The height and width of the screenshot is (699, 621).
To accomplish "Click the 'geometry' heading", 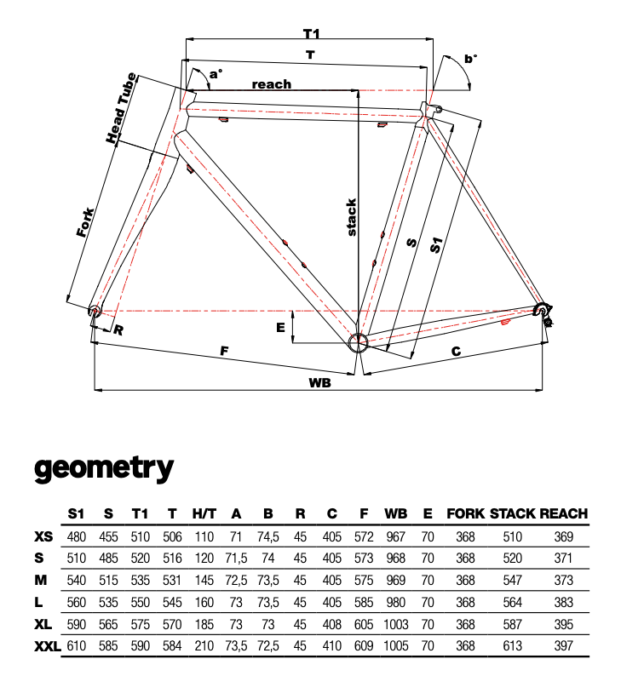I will pyautogui.click(x=104, y=467).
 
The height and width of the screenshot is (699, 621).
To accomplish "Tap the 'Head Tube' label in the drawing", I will pyautogui.click(x=121, y=108).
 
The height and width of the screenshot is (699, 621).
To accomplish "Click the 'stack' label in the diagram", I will pyautogui.click(x=352, y=217).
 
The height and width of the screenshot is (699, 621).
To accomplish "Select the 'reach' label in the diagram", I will pyautogui.click(x=271, y=84).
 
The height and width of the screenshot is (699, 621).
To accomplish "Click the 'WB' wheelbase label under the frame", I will pyautogui.click(x=319, y=382).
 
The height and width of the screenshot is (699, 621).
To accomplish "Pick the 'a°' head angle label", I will pyautogui.click(x=216, y=74).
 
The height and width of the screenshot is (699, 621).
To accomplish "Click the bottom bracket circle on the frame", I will pyautogui.click(x=358, y=342).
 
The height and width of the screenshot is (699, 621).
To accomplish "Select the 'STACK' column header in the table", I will pyautogui.click(x=512, y=513).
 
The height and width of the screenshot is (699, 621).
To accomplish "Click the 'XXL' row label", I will pyautogui.click(x=48, y=647).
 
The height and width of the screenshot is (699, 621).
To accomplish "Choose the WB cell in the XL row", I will pyautogui.click(x=396, y=625).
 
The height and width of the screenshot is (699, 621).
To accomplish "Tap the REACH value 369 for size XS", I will pyautogui.click(x=563, y=536).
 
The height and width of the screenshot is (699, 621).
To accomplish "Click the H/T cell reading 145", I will pyautogui.click(x=204, y=581).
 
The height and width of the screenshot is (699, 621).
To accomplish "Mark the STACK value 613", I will pyautogui.click(x=512, y=647).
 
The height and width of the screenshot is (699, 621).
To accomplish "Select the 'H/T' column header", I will pyautogui.click(x=204, y=513).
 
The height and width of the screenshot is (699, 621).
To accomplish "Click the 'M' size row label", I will pyautogui.click(x=41, y=581).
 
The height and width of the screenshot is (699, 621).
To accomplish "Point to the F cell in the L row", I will pyautogui.click(x=365, y=603).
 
